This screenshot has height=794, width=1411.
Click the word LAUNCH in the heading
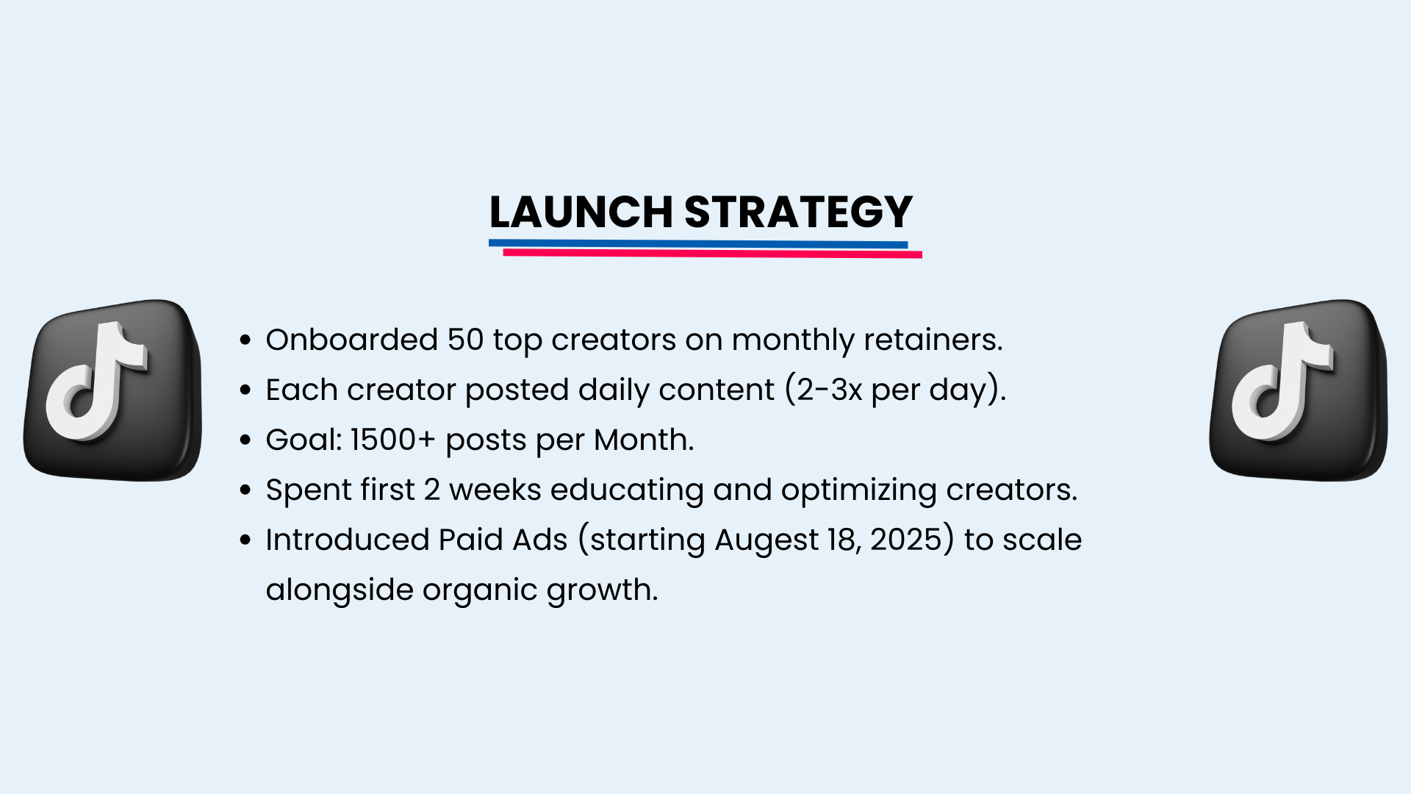tap(581, 212)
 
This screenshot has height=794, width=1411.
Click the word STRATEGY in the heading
tap(799, 212)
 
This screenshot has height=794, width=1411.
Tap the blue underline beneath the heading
tap(698, 244)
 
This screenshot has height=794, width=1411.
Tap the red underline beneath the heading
tap(712, 254)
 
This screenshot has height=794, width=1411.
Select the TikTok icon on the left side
tap(112, 390)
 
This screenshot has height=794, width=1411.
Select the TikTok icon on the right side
tap(1299, 390)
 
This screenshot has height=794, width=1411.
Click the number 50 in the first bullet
tap(466, 340)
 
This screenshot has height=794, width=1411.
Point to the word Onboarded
tap(352, 340)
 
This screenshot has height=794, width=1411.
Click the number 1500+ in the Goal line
tap(393, 440)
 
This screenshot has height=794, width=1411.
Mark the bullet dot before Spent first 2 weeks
tap(246, 490)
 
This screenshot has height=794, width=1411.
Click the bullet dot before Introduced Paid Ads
tap(246, 540)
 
